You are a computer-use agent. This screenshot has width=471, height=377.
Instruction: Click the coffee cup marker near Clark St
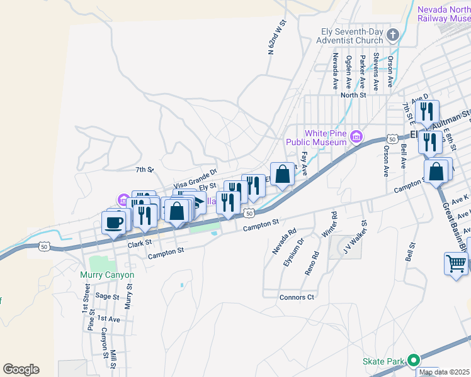tap(114, 223)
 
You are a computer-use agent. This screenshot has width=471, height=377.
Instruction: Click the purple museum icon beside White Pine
tap(356, 136)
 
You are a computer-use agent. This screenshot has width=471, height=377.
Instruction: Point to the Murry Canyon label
tap(107, 275)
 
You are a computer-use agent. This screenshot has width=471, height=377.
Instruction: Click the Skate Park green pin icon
tap(413, 361)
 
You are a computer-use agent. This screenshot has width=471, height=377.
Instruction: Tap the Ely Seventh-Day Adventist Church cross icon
tap(393, 34)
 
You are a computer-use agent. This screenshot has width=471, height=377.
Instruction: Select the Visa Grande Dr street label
tap(195, 178)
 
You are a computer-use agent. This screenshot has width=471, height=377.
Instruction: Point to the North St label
tap(353, 95)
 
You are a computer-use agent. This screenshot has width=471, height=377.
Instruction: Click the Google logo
tap(21, 369)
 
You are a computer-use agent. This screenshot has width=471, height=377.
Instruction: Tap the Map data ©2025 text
tap(445, 372)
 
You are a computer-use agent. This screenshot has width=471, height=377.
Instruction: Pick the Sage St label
tap(107, 296)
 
